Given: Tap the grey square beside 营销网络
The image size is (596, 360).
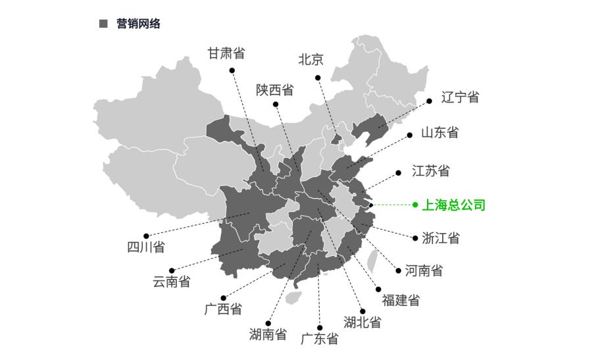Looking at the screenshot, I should [103, 24].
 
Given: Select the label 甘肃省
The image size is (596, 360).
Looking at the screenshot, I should [226, 53].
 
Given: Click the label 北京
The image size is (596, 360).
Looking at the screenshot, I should [310, 59].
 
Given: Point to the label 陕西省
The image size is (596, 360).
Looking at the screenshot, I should [274, 90].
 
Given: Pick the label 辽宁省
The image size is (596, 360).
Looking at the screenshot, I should [460, 97].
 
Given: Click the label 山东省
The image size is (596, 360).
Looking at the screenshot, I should [439, 132].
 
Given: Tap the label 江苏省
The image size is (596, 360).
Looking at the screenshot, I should [431, 171].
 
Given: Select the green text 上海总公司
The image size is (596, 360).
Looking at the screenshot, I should [453, 205].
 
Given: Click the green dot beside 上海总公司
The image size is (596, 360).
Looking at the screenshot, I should [415, 205].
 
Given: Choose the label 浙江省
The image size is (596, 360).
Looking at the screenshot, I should [441, 238].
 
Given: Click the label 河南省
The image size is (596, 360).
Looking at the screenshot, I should [424, 270].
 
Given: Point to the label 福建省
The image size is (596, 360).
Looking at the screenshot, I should [401, 301].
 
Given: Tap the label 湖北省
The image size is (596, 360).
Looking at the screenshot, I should [362, 322].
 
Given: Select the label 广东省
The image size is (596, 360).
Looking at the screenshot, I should [320, 339].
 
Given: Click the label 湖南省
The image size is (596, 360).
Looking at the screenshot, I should [268, 334].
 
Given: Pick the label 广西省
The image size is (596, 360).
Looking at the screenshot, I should [223, 309].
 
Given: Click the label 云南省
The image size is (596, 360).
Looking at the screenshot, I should [172, 282].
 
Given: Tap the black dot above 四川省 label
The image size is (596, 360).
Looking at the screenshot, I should [146, 236].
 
